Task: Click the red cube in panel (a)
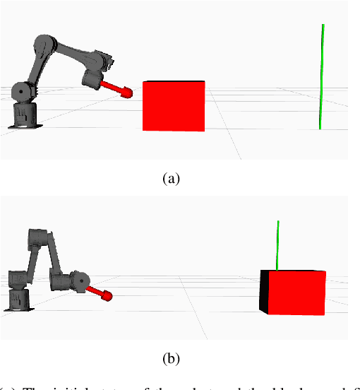174,106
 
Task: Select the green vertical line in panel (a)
322,78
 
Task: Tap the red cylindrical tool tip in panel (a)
126,92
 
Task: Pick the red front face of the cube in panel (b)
297,291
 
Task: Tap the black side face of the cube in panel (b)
264,292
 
